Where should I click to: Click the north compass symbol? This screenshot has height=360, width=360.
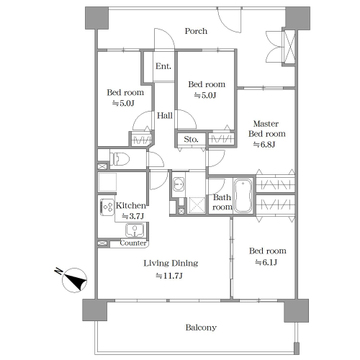(x=74, y=279)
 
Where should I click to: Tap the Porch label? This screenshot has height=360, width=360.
(x=196, y=31)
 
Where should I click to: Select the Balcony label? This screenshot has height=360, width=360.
(x=201, y=328)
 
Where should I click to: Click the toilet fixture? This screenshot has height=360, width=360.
(x=119, y=159)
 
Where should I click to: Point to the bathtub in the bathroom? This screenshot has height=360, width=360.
(x=243, y=196)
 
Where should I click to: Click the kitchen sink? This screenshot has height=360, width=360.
(x=135, y=230)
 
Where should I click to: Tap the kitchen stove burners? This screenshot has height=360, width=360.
(x=107, y=207)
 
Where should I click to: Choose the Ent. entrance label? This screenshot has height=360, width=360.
(x=164, y=66)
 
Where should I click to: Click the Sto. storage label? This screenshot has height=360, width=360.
(x=191, y=139)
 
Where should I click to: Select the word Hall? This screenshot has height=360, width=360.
(x=165, y=116)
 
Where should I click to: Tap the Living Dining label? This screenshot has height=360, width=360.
(x=171, y=263)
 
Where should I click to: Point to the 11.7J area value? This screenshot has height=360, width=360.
(x=170, y=276)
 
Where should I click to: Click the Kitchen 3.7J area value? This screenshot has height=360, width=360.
(x=133, y=216)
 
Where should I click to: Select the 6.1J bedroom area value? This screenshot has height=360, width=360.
(x=267, y=263)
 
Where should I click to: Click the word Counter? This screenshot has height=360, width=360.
(x=133, y=243)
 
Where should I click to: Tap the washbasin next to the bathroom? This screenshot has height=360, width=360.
(x=179, y=184)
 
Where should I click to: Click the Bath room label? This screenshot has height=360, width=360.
(x=223, y=202)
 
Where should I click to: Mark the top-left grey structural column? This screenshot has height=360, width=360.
(x=97, y=18)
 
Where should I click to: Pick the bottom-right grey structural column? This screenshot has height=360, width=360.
(x=296, y=310)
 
